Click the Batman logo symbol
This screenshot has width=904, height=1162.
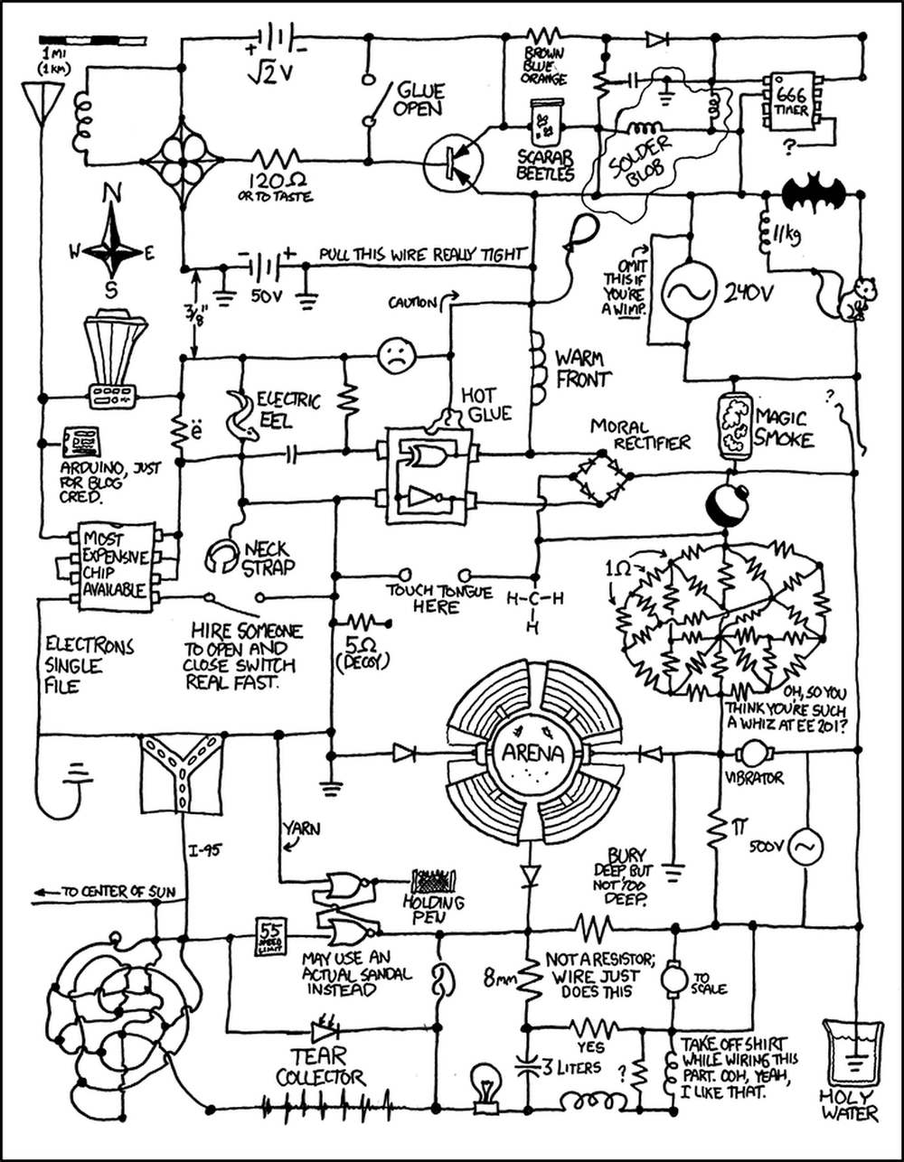814,192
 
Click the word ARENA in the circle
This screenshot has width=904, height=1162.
531,753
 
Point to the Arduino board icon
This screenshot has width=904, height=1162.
81,443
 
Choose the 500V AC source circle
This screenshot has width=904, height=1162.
804,847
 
